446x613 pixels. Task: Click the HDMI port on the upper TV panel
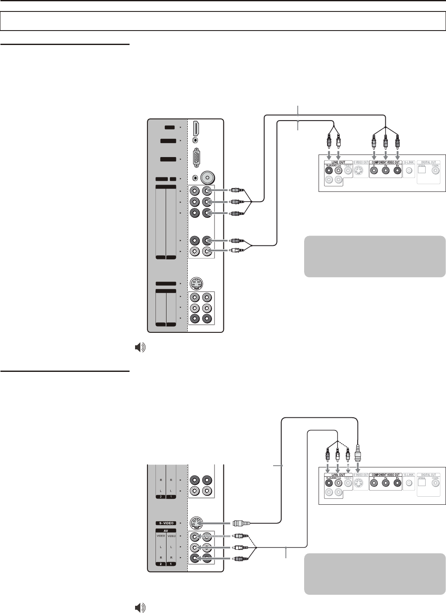click(x=196, y=128)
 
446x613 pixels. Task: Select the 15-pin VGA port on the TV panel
click(x=197, y=159)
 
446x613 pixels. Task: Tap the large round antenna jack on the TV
click(x=207, y=178)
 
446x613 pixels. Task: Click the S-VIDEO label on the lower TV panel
click(x=165, y=523)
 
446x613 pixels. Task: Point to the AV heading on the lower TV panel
click(x=166, y=531)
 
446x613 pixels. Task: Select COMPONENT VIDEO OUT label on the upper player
click(x=386, y=162)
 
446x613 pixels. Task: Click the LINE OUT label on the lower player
click(x=336, y=475)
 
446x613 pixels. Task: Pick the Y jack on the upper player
click(x=374, y=171)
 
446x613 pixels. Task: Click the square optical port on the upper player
click(x=422, y=170)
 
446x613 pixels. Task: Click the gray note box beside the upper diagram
click(x=375, y=256)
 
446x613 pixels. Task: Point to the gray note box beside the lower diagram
click(x=375, y=574)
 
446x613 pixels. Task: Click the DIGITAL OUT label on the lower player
click(x=428, y=475)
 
